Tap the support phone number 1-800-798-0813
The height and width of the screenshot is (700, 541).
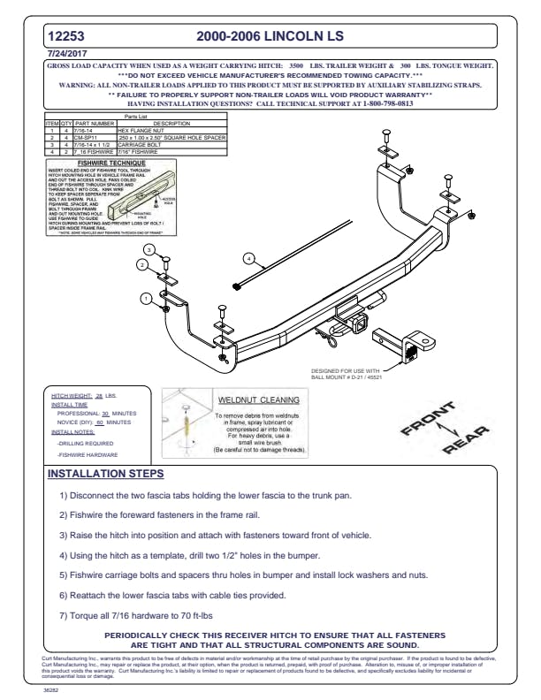pyautogui.click(x=387, y=103)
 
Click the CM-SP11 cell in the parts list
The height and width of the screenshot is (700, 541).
pyautogui.click(x=85, y=137)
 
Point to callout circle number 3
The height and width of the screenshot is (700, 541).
pyautogui.click(x=150, y=250)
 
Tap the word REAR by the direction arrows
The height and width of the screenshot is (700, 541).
pyautogui.click(x=467, y=439)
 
